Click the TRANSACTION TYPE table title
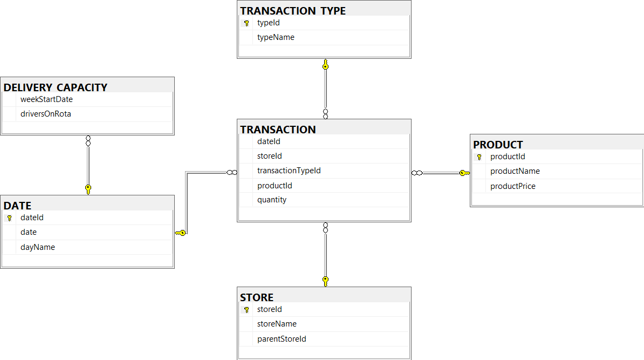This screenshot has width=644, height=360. tap(293, 11)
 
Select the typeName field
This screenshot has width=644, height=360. tap(276, 37)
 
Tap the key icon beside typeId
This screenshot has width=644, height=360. tap(246, 23)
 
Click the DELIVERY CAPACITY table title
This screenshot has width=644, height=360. tap(56, 87)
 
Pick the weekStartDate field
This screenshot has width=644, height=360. tap(46, 99)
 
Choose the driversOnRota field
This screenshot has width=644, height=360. tap(46, 114)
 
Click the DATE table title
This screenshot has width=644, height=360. tap(18, 206)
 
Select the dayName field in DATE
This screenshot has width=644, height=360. tap(38, 247)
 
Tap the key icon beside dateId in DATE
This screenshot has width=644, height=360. tap(9, 218)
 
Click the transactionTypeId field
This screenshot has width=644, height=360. tap(289, 171)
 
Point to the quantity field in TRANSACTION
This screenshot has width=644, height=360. tap(272, 200)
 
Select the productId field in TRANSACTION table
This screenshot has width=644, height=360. tap(275, 186)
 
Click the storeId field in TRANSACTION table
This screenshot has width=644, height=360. tap(270, 156)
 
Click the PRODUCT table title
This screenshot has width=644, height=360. tap(498, 145)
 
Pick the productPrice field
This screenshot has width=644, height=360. tap(513, 186)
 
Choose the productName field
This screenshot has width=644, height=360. tap(515, 171)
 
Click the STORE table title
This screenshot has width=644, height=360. tap(257, 297)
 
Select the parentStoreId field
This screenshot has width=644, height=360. tap(282, 339)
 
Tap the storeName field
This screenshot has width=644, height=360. tap(277, 324)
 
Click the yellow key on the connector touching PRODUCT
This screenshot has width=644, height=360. tap(464, 173)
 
